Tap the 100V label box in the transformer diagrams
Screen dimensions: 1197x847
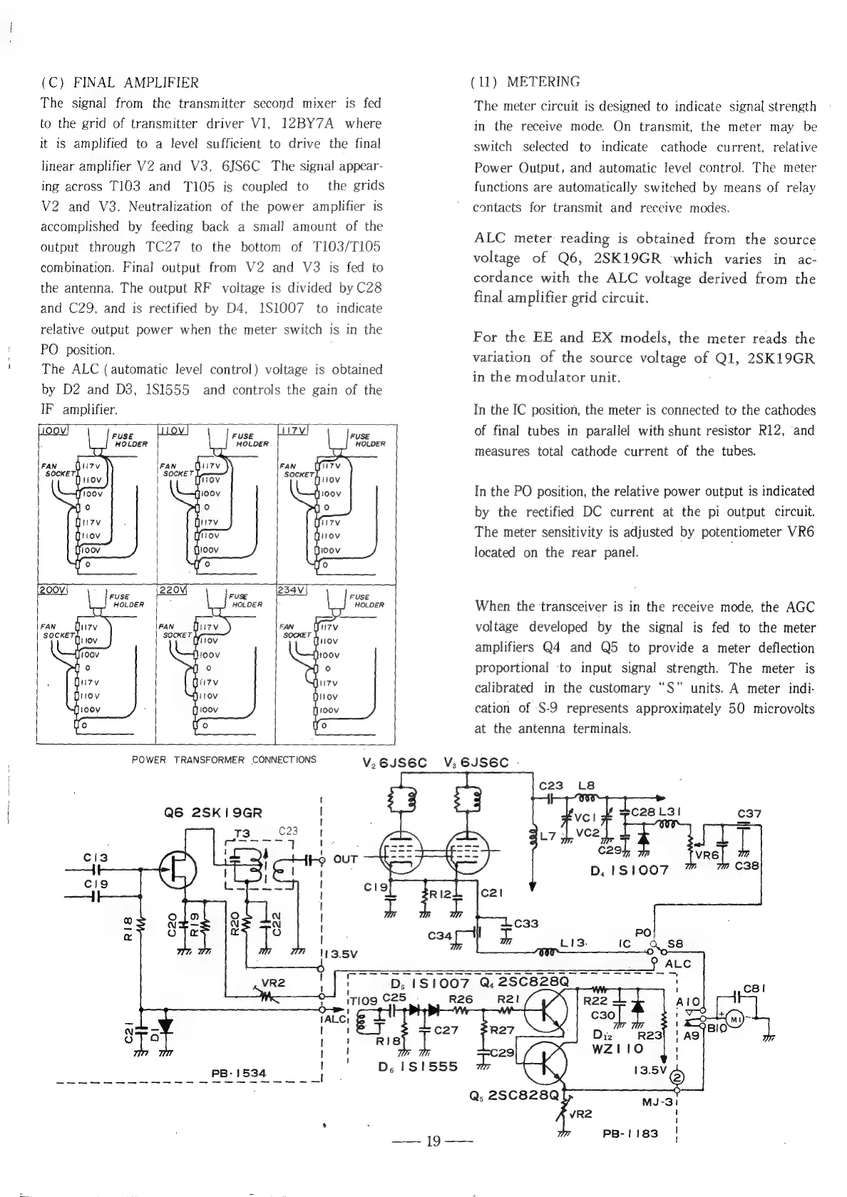[x=52, y=431]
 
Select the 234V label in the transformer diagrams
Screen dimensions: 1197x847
[x=293, y=590]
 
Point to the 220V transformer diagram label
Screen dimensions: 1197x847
[x=172, y=590]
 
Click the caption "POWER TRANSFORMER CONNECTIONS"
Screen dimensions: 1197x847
[x=224, y=759]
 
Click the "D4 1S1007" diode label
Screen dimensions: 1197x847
[x=629, y=871]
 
